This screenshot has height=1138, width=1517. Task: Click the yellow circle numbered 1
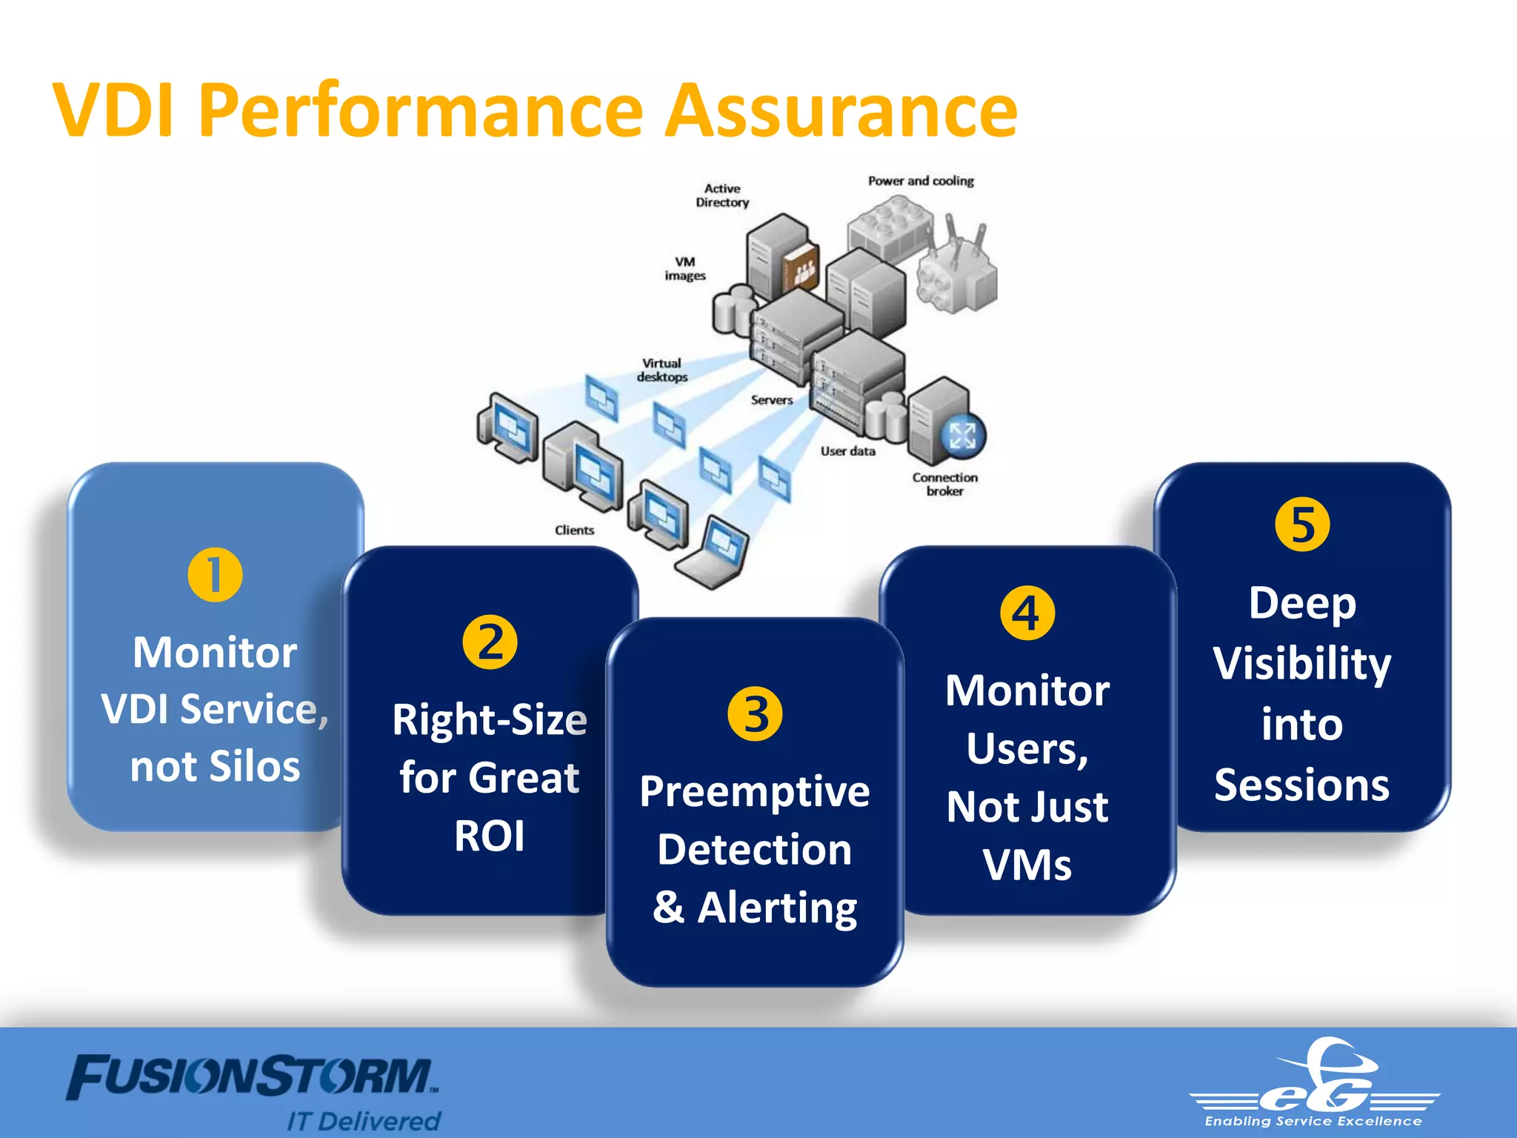215,575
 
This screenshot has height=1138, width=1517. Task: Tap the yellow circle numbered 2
490,642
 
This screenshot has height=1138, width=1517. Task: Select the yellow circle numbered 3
755,714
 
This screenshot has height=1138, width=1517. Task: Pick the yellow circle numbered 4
1027,613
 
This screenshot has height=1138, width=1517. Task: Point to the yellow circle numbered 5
1302,525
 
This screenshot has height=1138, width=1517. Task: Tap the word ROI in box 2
490,836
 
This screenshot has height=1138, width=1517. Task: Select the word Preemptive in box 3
755,791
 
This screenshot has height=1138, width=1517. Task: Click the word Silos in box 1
254,766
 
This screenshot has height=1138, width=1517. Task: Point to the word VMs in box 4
1027,865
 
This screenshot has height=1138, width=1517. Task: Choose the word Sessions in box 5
1301,785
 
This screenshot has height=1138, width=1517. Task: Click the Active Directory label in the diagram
722,196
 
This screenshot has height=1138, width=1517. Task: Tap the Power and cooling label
921,181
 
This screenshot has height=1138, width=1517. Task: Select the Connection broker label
944,484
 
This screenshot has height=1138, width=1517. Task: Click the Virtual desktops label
662,370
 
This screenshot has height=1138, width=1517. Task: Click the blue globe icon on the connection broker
962,435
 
